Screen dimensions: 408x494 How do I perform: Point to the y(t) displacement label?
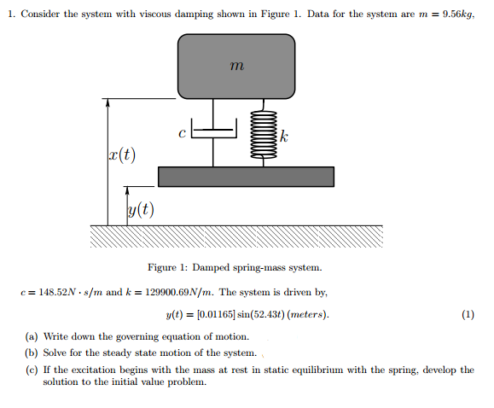pos(140,209)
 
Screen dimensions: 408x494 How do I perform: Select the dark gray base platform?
pos(246,176)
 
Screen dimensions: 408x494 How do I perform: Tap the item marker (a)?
pos(32,336)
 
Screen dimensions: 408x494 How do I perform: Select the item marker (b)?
pos(32,353)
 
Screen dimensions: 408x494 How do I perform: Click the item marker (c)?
pos(32,370)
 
